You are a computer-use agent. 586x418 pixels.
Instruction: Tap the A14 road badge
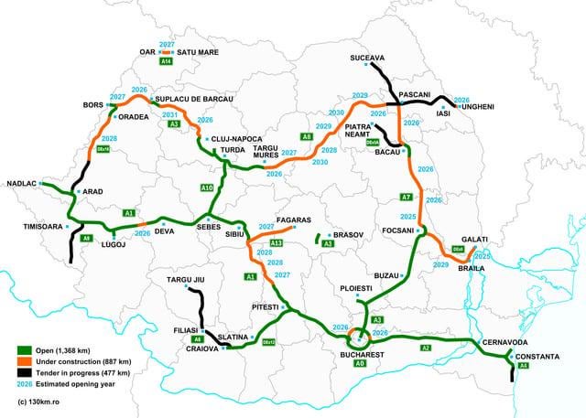[167, 62]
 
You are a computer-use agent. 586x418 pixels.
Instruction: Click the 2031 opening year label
[169, 114]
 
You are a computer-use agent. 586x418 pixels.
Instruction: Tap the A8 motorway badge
[307, 136]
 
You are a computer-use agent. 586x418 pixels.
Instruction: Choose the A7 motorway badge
[406, 197]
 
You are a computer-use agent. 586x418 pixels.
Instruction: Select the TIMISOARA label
[31, 225]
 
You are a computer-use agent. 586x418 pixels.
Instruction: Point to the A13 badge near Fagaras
[276, 242]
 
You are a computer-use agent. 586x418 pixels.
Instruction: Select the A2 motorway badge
[425, 348]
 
